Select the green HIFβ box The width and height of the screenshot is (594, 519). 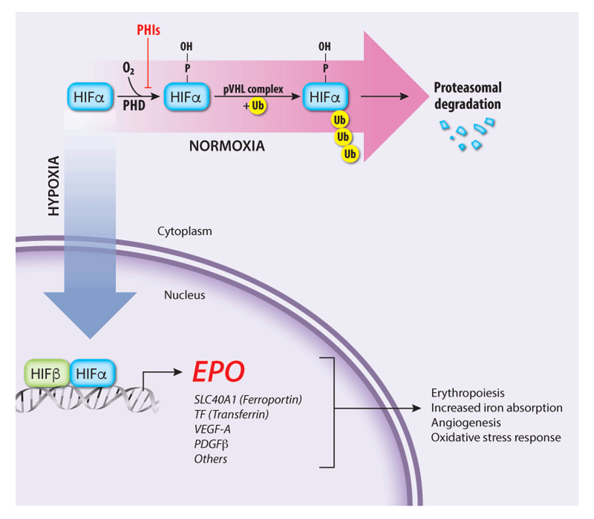coord(48,373)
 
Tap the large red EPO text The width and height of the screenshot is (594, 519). coord(218,372)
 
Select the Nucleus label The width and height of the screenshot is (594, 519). coord(185,295)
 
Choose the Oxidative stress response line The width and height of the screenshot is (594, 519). coord(496,438)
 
